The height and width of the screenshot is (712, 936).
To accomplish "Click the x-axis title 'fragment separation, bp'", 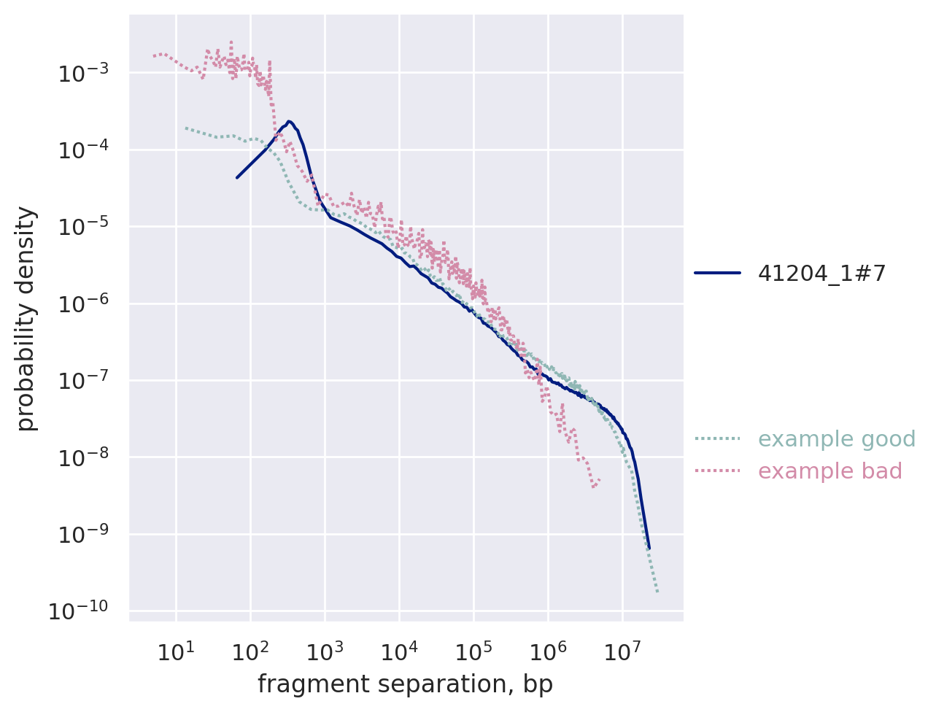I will [405, 685].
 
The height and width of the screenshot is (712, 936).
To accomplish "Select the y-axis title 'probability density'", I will [26, 318].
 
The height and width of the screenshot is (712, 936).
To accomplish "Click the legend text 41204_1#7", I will [821, 274].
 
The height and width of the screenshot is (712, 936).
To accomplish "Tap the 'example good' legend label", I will [837, 439].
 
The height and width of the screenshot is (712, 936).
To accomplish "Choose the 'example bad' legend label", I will [830, 471].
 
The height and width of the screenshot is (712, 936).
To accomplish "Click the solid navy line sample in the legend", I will [717, 274].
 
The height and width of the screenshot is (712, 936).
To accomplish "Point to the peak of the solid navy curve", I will [289, 121].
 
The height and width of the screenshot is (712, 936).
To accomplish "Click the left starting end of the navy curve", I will [237, 177].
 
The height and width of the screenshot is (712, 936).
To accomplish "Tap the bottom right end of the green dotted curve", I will [657, 592].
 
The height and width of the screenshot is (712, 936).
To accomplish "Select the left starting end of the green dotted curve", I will [185, 128].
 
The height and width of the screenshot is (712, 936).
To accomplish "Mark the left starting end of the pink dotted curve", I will [153, 55].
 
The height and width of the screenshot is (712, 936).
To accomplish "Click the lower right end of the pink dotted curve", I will [599, 480].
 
